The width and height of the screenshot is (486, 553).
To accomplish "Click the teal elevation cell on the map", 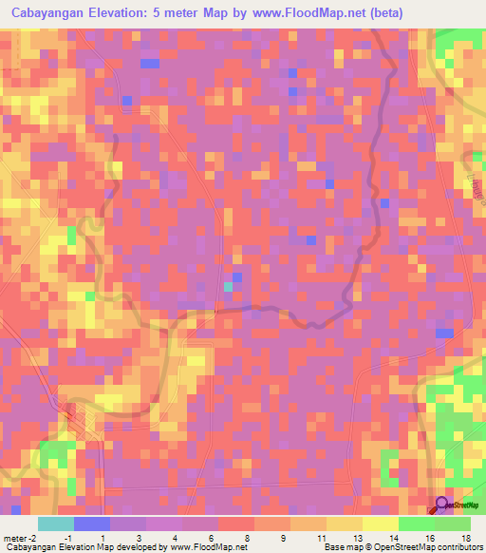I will pyautogui.click(x=228, y=286).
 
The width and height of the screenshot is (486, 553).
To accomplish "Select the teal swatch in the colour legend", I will pyautogui.click(x=56, y=524).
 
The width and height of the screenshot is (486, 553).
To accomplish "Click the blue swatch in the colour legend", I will pyautogui.click(x=92, y=524).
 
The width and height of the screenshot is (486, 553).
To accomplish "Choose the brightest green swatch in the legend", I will pyautogui.click(x=417, y=524).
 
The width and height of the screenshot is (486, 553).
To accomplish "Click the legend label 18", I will pyautogui.click(x=465, y=538).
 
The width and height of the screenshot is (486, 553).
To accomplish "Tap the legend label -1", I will pyautogui.click(x=67, y=538).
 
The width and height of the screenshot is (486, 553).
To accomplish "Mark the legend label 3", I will pyautogui.click(x=140, y=538).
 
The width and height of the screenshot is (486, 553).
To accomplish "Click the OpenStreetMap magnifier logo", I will pyautogui.click(x=441, y=505).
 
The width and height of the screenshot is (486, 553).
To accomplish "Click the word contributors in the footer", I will pyautogui.click(x=456, y=547).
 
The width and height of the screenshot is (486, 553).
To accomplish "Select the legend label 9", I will pyautogui.click(x=285, y=538).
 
